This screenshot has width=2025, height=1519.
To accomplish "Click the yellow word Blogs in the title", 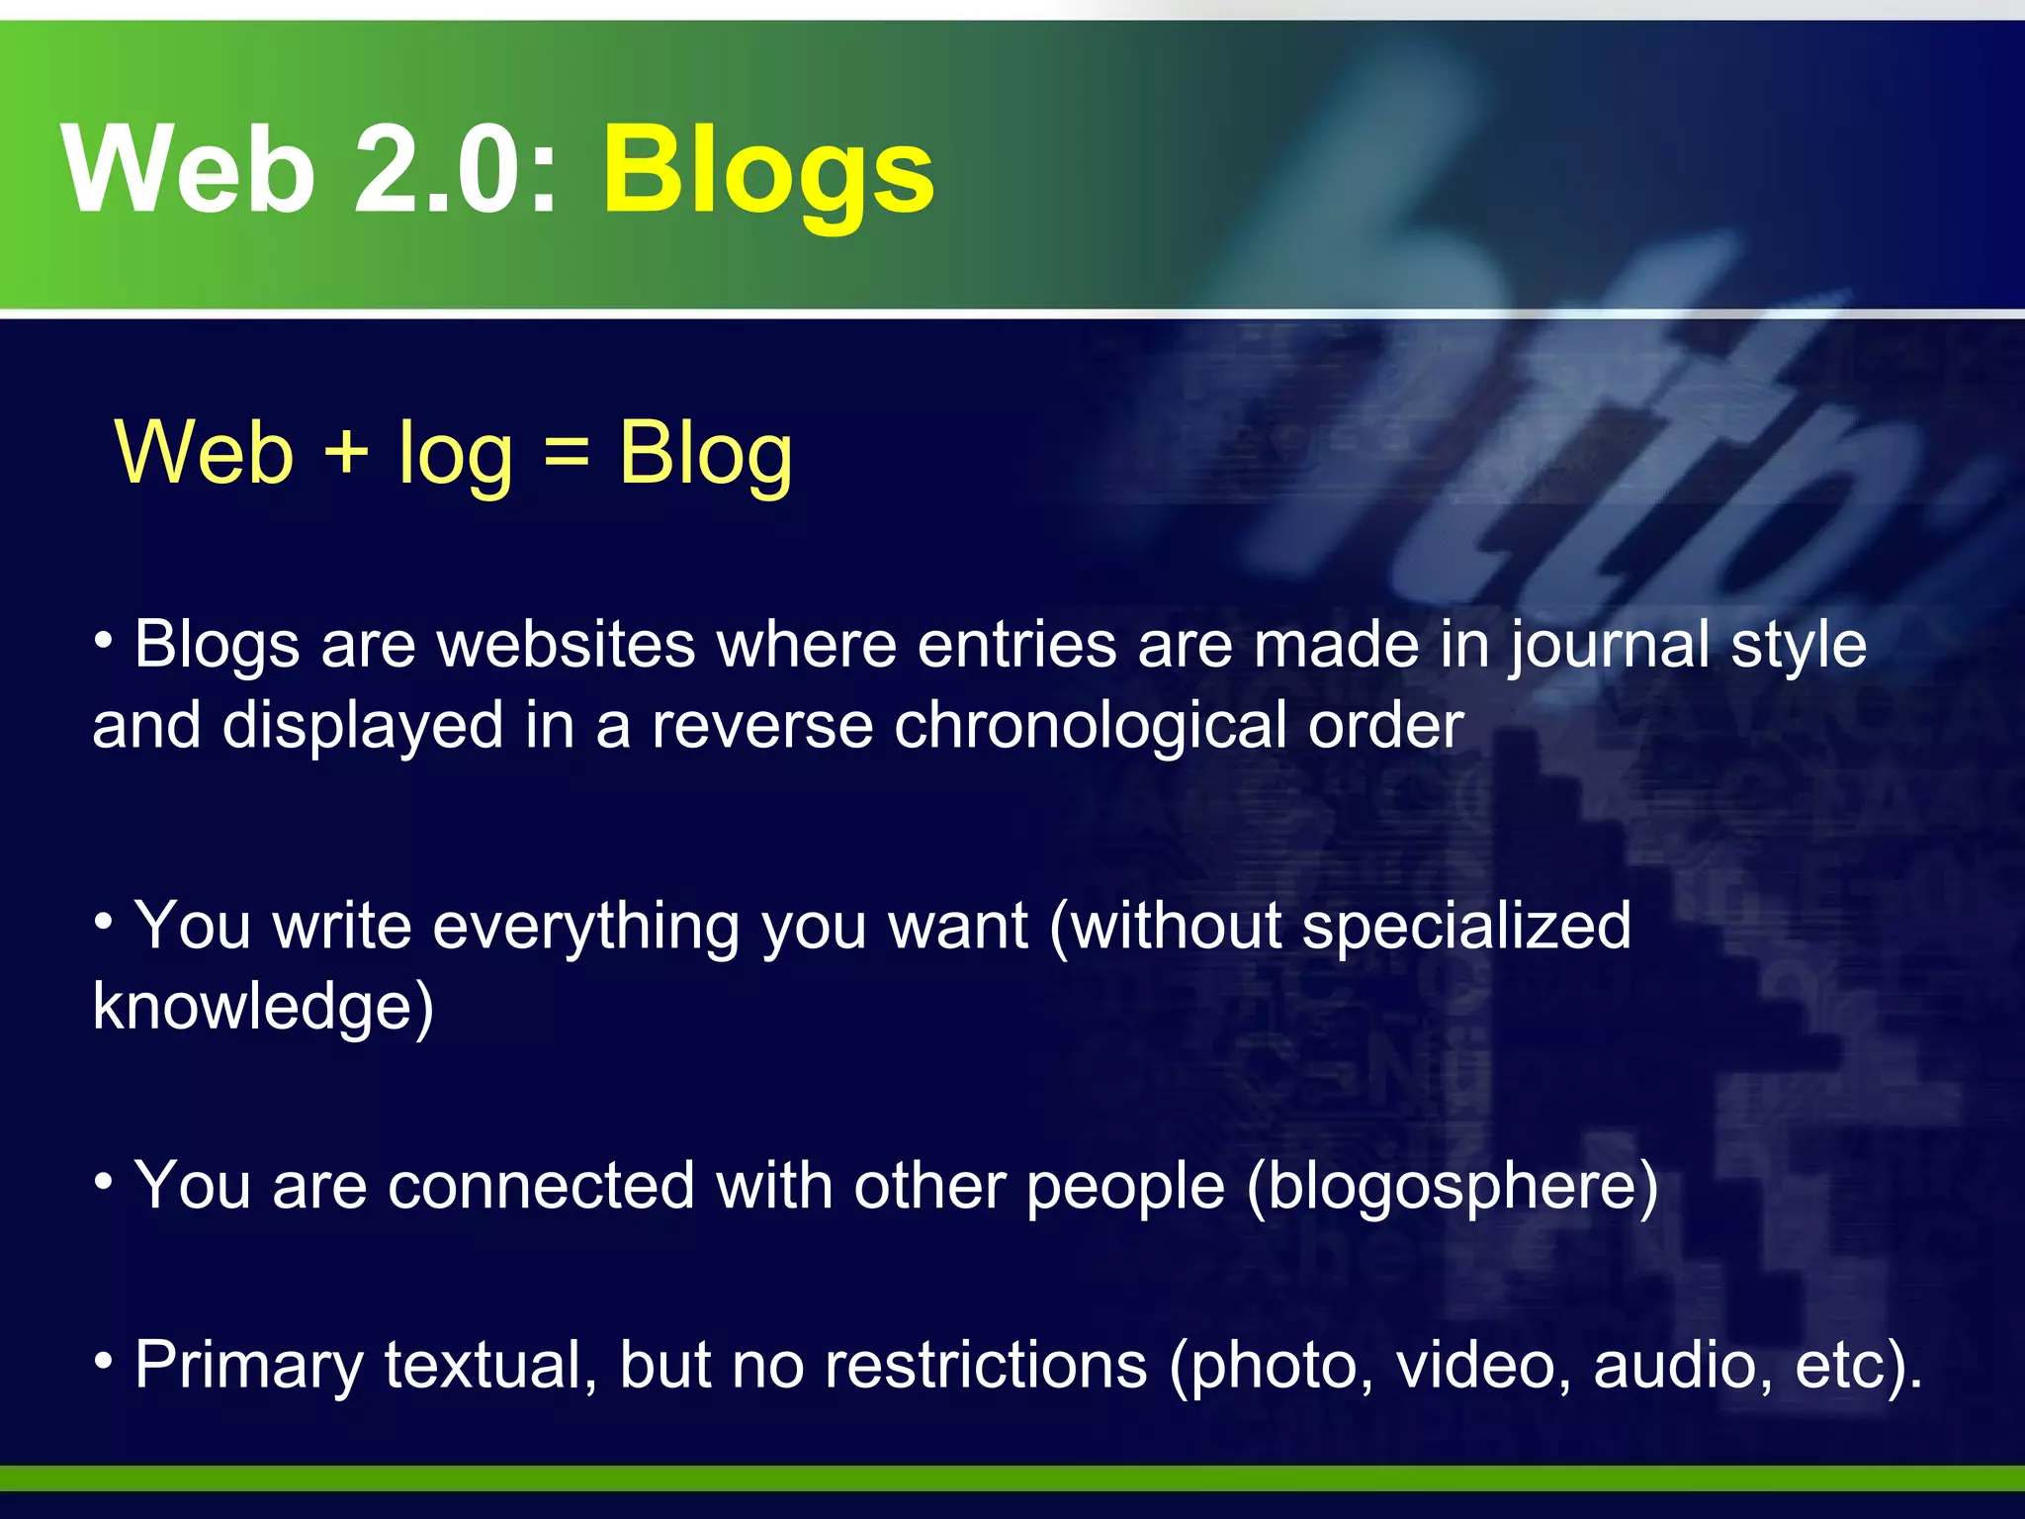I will point(768,170).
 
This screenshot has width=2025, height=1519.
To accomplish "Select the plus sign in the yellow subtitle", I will point(346,453).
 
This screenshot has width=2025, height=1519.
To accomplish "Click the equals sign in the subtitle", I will point(567,453).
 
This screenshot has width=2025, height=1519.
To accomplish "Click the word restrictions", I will point(986,1365).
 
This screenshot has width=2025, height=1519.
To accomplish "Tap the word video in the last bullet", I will point(1480,1365).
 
